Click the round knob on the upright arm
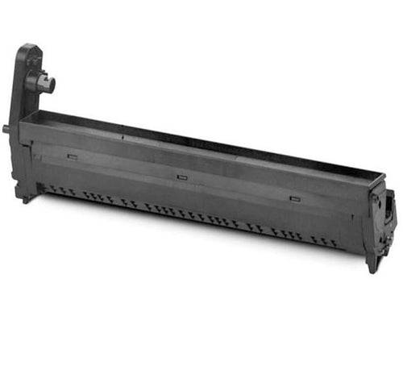(x=40, y=81)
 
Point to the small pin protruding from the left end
(x=6, y=127)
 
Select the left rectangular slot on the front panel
(x=73, y=156)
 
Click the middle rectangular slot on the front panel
(x=181, y=175)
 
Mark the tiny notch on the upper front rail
(x=123, y=138)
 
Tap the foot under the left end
(x=26, y=197)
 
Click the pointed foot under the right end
(x=372, y=267)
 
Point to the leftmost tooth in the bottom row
(x=50, y=190)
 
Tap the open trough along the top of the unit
(x=201, y=145)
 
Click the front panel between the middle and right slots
(x=239, y=189)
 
